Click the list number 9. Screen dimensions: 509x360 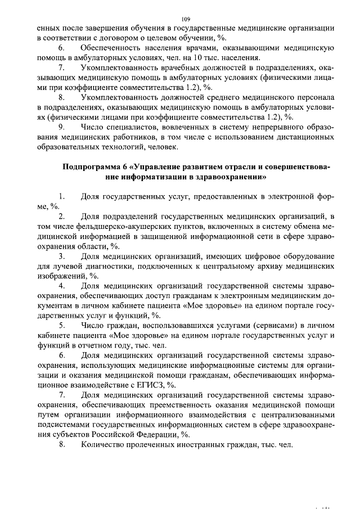click(x=61, y=128)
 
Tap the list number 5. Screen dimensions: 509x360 click(x=61, y=326)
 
